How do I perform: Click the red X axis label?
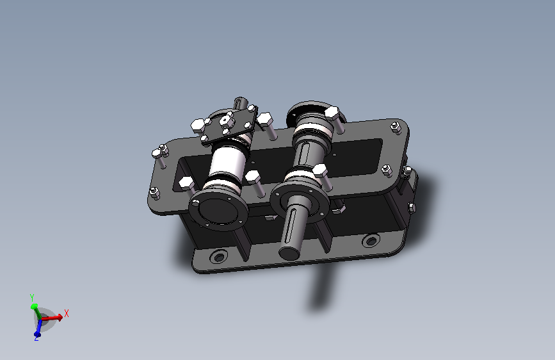click(66, 314)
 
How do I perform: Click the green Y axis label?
click(32, 297)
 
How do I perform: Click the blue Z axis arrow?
click(38, 327)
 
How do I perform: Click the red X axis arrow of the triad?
click(52, 317)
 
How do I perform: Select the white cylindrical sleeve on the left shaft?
click(228, 163)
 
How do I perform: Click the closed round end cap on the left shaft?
click(218, 211)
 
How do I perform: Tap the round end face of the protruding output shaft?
click(289, 253)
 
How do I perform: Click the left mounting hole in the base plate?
click(219, 256)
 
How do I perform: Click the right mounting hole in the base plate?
click(371, 241)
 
